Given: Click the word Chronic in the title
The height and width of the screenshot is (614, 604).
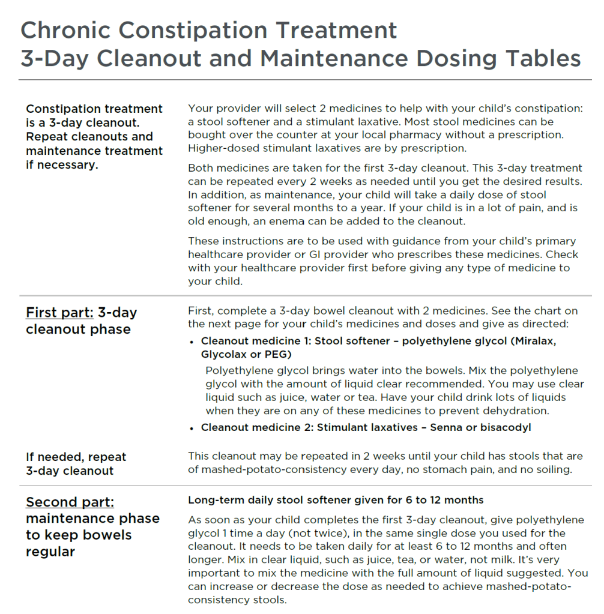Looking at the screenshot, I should click(x=64, y=30).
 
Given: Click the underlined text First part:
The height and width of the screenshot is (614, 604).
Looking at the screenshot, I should click(x=59, y=313).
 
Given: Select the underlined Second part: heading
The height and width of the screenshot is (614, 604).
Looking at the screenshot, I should click(x=70, y=502).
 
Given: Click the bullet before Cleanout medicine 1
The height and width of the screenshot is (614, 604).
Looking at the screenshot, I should click(x=192, y=342).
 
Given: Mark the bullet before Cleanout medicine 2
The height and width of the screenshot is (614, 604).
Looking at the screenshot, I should click(x=192, y=428).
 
